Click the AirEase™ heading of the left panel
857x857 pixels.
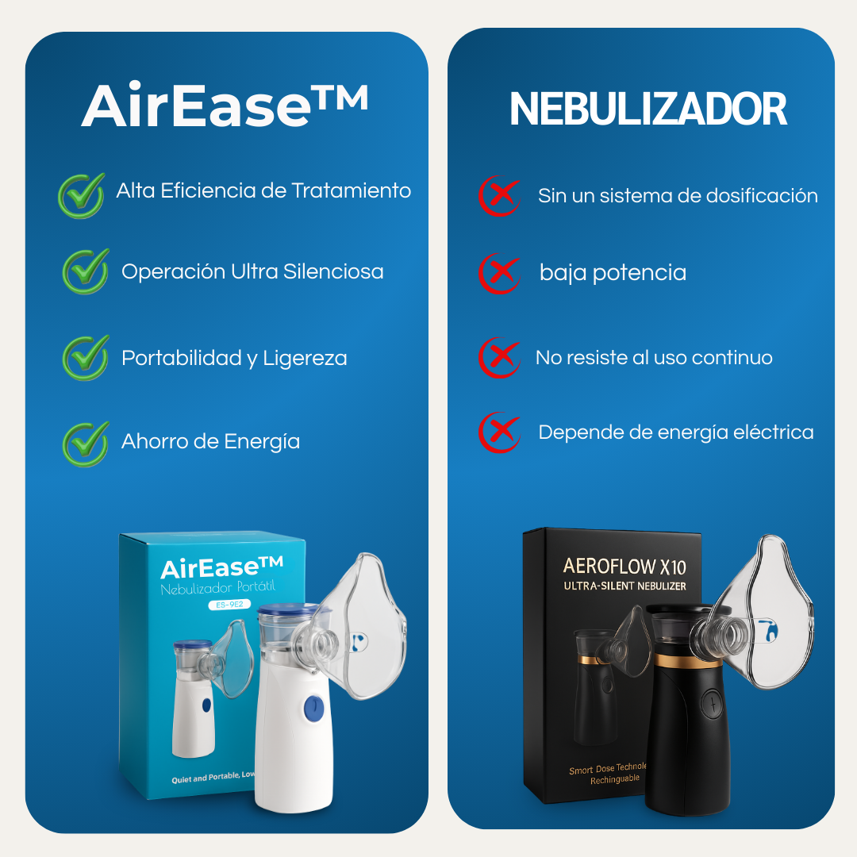tap(225, 106)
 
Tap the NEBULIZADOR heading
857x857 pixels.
tap(648, 110)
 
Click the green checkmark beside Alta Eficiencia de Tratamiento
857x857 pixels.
tap(82, 195)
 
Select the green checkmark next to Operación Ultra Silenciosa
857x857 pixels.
tap(86, 271)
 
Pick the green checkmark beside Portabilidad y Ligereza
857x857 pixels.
tap(86, 358)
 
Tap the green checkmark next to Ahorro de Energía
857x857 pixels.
tap(86, 443)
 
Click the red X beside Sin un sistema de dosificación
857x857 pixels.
tap(500, 196)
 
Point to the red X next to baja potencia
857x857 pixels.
tap(500, 273)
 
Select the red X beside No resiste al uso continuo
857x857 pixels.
tap(500, 358)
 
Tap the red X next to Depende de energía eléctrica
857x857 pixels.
tap(500, 432)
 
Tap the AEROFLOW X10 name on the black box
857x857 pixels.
tap(624, 567)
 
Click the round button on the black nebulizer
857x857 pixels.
tap(712, 705)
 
